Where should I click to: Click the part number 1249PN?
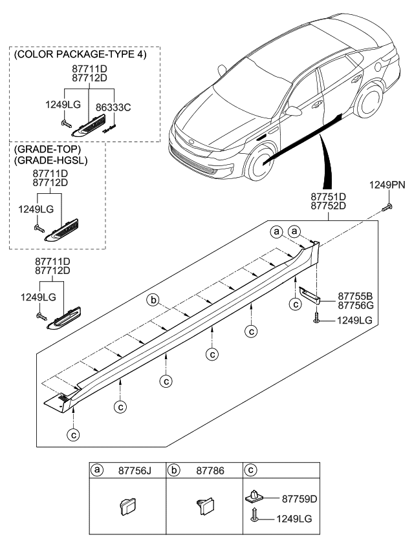387,184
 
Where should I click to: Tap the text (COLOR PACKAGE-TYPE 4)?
80,54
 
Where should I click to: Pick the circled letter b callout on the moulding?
153,299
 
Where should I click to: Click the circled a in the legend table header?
98,471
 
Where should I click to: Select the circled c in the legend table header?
252,471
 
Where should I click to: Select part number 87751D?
329,196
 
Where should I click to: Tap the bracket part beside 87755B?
310,297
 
